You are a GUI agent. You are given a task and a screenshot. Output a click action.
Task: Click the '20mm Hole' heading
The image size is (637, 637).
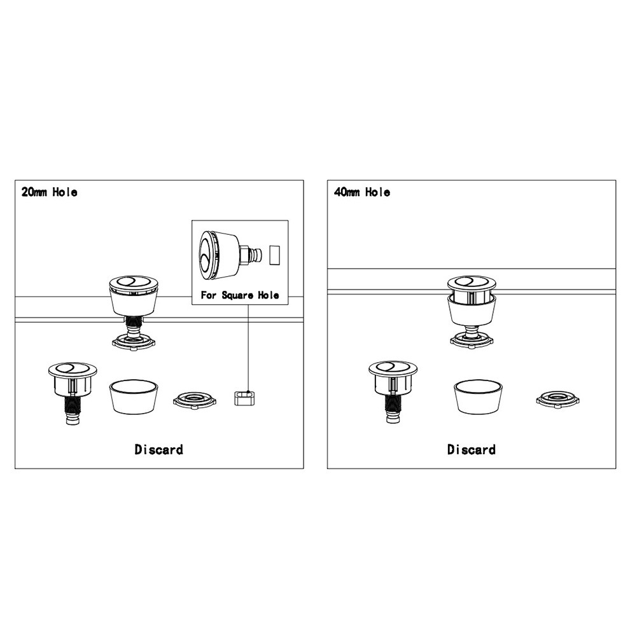click(49, 192)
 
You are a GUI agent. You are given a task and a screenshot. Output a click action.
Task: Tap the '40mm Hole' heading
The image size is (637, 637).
click(361, 192)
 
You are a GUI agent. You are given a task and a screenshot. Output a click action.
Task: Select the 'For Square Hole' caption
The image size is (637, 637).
click(240, 295)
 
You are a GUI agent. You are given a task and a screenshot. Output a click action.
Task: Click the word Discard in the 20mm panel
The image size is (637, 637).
click(159, 449)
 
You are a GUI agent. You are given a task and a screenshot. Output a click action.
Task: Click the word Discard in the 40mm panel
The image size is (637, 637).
click(472, 449)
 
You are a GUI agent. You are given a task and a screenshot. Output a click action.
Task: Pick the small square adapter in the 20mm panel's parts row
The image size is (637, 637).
click(244, 398)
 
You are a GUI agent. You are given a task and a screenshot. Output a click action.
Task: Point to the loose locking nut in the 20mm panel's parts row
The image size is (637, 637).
click(195, 400)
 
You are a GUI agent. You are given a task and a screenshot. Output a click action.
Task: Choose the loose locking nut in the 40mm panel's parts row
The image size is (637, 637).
click(558, 400)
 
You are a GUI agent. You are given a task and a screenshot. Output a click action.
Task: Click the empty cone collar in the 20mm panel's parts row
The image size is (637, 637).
click(134, 397)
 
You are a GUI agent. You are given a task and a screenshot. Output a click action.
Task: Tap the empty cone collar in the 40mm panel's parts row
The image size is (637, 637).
click(478, 397)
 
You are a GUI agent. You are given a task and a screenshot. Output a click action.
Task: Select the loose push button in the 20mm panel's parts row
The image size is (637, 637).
click(73, 393)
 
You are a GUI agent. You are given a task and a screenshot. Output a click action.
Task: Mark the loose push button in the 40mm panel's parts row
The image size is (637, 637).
click(393, 391)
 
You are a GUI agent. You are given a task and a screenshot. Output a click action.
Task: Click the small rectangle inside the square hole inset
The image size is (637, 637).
click(275, 255)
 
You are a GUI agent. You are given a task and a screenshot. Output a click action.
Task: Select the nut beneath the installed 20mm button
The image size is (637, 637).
click(134, 342)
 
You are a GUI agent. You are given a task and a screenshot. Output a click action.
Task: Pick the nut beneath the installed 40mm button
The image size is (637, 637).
click(472, 340)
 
